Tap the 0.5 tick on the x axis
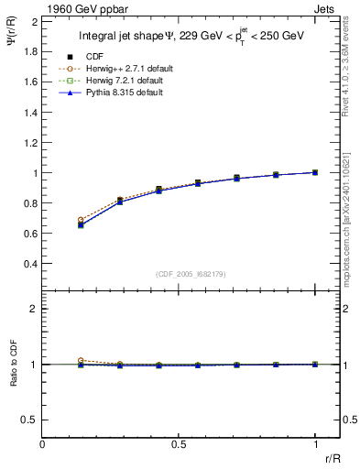179,443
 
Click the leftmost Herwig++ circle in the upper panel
82,220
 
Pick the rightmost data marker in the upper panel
316,172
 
